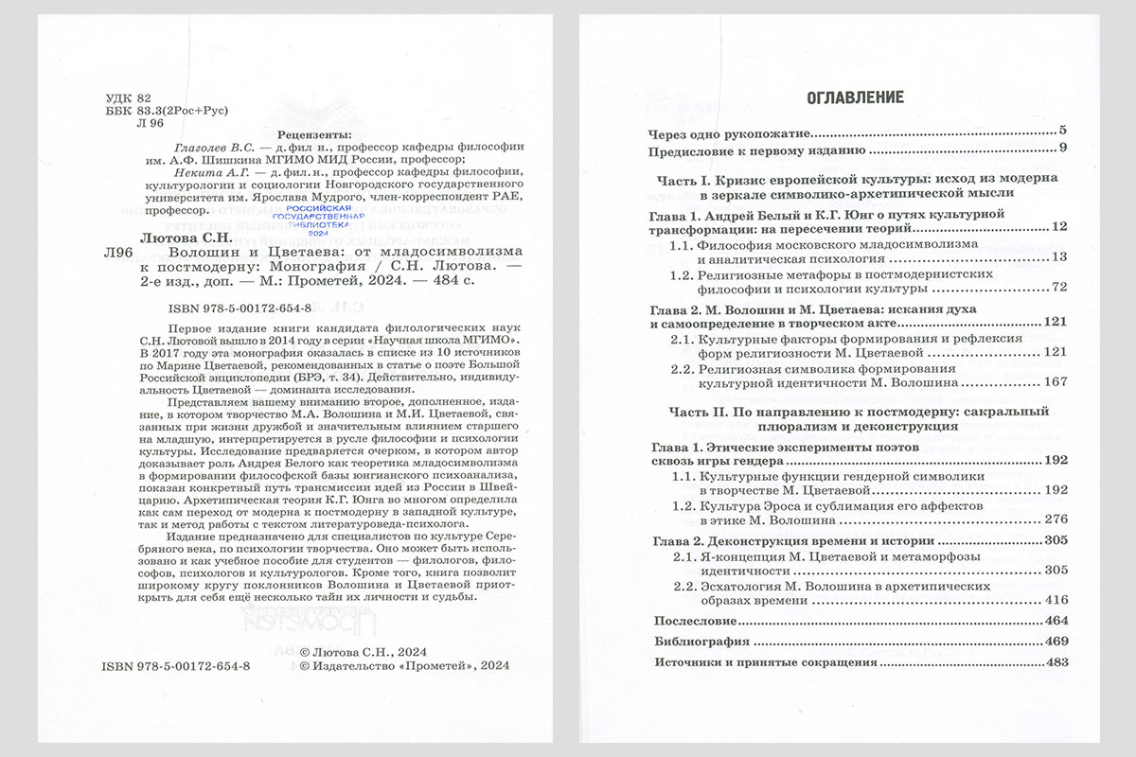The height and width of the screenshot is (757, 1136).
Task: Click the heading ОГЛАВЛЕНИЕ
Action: tap(855, 97)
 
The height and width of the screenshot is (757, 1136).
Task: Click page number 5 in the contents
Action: tap(1063, 130)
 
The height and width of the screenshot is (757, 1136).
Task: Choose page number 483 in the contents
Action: tap(1056, 662)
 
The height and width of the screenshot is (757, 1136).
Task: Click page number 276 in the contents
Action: tap(1056, 519)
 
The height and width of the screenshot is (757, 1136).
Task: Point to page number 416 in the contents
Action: tap(1056, 600)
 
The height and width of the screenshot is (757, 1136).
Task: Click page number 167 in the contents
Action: tap(1056, 381)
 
